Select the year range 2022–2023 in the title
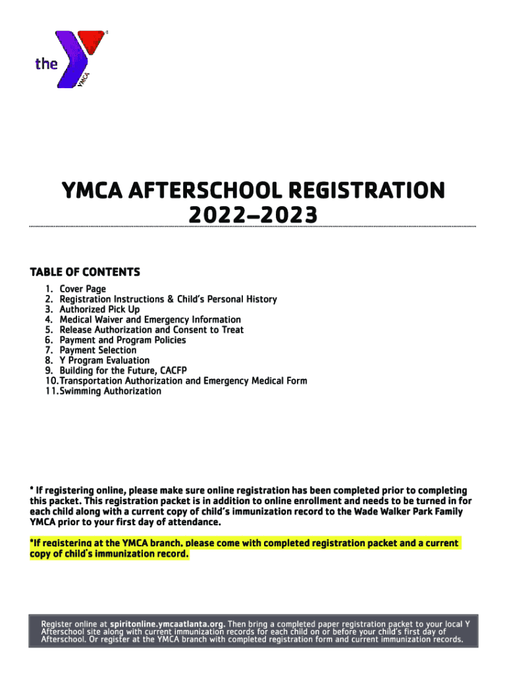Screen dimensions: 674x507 point(253,215)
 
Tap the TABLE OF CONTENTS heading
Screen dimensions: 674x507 point(85,272)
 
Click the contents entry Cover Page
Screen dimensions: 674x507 point(82,289)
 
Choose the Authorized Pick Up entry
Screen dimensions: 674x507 point(99,309)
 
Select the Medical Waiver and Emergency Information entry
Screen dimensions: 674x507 point(150,320)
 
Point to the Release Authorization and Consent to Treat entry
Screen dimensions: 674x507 point(151,330)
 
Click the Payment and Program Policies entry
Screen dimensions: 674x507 point(122,340)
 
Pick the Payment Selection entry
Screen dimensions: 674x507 point(98,350)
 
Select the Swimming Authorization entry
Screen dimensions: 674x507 point(110,391)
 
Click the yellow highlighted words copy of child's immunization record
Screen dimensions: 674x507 point(109,554)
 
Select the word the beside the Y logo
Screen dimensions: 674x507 point(46,64)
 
